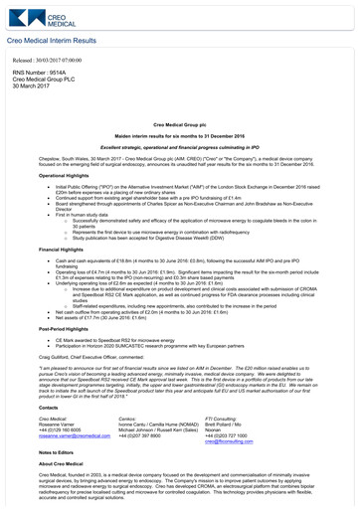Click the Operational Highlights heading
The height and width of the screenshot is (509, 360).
[x=43, y=174]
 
